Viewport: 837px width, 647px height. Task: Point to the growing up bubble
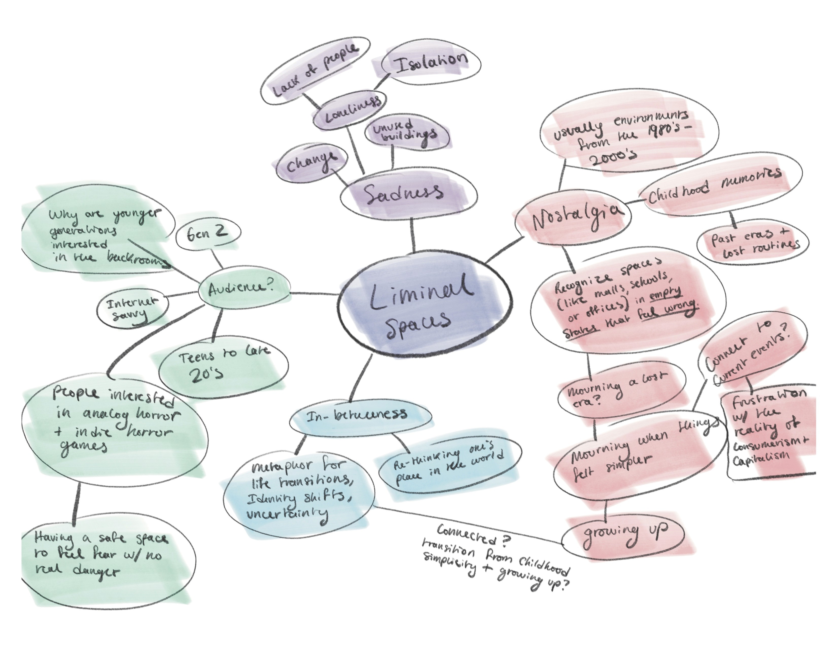[x=623, y=533]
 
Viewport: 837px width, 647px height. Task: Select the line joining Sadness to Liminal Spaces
[x=412, y=234]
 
